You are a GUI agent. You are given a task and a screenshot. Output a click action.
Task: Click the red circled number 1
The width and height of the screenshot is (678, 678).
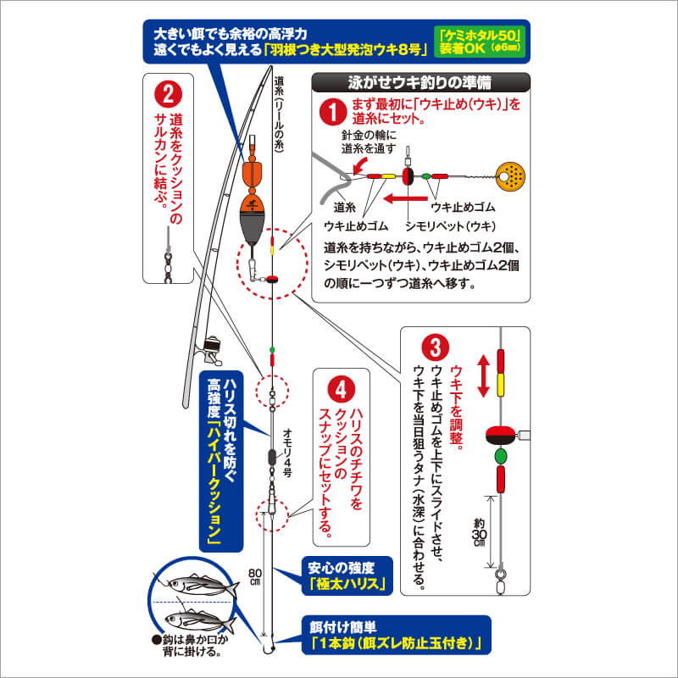[x=332, y=112]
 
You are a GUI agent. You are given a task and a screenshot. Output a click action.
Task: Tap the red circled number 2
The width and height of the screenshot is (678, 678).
[x=168, y=94]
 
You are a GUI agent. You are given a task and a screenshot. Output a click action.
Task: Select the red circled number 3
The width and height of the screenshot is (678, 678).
[x=435, y=347]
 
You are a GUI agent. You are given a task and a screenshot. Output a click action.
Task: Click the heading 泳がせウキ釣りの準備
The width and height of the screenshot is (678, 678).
[x=420, y=82]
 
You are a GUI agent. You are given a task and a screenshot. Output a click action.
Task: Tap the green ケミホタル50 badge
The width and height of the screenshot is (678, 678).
[x=480, y=42]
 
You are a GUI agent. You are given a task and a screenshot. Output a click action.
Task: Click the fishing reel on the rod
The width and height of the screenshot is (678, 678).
[x=210, y=347]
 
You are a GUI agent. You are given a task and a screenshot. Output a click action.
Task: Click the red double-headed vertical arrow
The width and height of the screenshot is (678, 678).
[x=483, y=375]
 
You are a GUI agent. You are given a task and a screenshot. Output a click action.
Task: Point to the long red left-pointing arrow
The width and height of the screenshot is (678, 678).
[x=405, y=198]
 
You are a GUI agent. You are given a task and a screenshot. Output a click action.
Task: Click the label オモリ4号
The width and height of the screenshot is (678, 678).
[x=287, y=453]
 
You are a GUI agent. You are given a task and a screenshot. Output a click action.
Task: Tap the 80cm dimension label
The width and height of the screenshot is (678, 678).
[x=255, y=577]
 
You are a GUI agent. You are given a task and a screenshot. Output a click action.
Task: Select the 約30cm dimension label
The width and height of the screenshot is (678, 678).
[x=479, y=532]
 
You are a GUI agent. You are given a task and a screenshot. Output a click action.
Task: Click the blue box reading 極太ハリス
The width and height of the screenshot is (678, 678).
[x=347, y=575]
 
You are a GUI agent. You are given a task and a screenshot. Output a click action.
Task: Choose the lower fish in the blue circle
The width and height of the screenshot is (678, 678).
[x=199, y=620]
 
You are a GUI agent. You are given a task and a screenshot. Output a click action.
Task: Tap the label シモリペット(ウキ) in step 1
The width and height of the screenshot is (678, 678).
[x=450, y=226]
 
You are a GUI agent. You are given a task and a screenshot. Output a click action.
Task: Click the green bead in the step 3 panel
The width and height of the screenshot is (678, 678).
[x=500, y=456]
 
